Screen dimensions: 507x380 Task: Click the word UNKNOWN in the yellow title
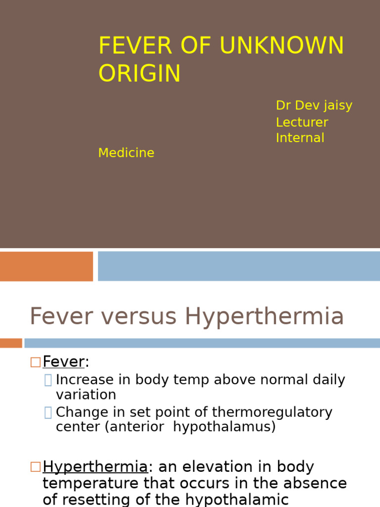pyautogui.click(x=282, y=46)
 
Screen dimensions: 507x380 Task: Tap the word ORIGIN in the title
pyautogui.click(x=140, y=74)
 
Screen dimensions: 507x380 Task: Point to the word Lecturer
pyautogui.click(x=302, y=122)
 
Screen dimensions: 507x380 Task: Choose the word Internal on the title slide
pyautogui.click(x=300, y=138)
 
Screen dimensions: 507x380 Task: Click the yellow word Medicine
pyautogui.click(x=126, y=153)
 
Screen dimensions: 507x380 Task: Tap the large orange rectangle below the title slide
pyautogui.click(x=46, y=266)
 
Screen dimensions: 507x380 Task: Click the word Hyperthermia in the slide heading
pyautogui.click(x=264, y=316)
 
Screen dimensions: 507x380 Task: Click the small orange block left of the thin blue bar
pyautogui.click(x=10, y=343)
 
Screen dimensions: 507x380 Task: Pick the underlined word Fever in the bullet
pyautogui.click(x=63, y=362)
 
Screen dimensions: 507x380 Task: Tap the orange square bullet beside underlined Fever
pyautogui.click(x=35, y=362)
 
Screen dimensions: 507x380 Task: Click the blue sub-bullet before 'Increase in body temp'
pyautogui.click(x=48, y=380)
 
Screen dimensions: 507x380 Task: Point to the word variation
pyautogui.click(x=86, y=395)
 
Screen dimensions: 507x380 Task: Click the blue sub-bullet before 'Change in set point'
pyautogui.click(x=48, y=412)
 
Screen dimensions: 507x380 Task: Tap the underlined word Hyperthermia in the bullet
pyautogui.click(x=95, y=467)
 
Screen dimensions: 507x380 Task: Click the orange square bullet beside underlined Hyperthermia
pyautogui.click(x=35, y=467)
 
